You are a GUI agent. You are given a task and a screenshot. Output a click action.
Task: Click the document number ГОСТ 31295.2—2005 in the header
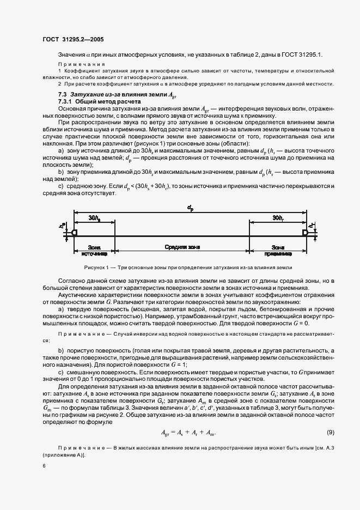pyautogui.click(x=73, y=40)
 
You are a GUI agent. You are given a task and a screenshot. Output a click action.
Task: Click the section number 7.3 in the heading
pyautogui.click(x=63, y=95)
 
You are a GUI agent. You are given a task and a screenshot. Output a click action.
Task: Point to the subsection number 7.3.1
pyautogui.click(x=66, y=102)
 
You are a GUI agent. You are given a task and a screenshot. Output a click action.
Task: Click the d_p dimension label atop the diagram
pyautogui.click(x=190, y=208)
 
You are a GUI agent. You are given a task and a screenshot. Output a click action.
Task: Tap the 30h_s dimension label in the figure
pyautogui.click(x=94, y=218)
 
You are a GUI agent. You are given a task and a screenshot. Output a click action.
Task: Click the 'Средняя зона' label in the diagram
pyautogui.click(x=181, y=247)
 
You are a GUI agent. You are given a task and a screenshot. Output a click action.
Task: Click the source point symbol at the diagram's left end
pyautogui.click(x=74, y=233)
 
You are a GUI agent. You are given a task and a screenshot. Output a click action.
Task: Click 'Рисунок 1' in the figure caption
pyautogui.click(x=99, y=268)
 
